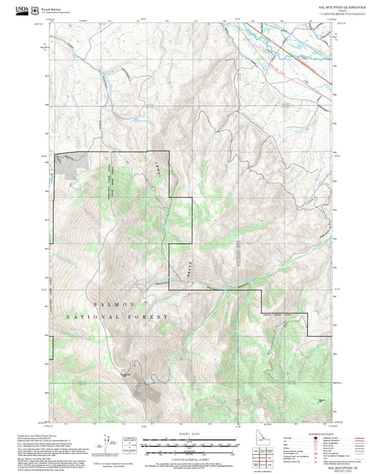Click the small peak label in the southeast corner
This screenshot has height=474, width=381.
[321, 399]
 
